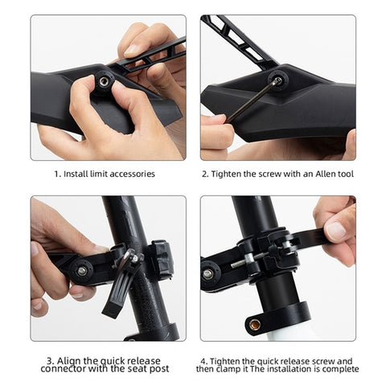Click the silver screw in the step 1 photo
pos(104,82)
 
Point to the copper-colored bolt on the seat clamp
pos(254,325)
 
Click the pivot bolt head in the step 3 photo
pos(82,270)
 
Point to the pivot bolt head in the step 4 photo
pos(208,273)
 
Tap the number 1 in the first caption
pos(57,174)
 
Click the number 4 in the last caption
pos(203,361)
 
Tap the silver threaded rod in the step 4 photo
pos(248,261)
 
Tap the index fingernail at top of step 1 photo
pos(131,49)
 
